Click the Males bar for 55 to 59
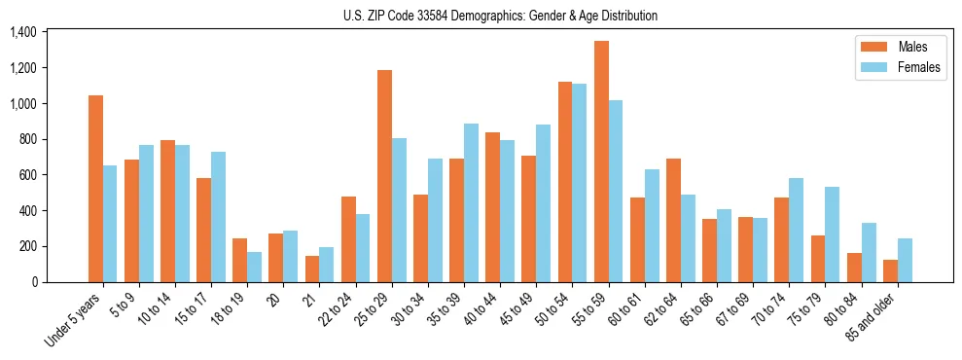pos(601,162)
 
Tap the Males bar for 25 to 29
pos(384,176)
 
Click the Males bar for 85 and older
pos(890,270)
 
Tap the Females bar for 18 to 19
pos(255,267)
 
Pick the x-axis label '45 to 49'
pos(515,309)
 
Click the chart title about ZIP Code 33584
pos(500,16)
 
